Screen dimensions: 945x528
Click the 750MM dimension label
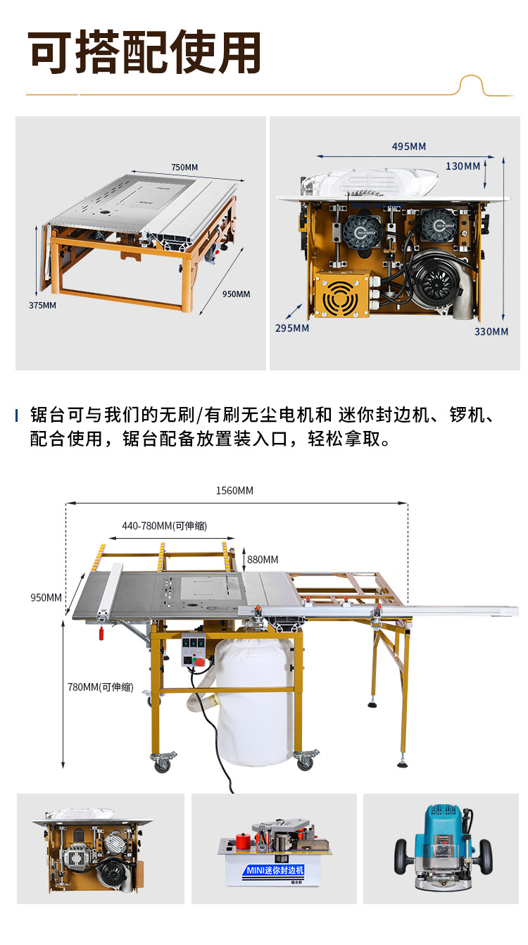coord(184,167)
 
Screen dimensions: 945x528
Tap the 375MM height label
coord(42,305)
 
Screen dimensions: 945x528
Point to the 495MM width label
coord(408,146)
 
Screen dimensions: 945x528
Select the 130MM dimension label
coord(463,166)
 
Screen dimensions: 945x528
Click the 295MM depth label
coord(291,328)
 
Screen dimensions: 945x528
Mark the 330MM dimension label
coord(491,332)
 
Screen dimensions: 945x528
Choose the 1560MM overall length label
coord(234,490)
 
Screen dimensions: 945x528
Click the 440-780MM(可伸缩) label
coord(164,525)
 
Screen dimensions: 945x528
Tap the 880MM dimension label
coord(263,560)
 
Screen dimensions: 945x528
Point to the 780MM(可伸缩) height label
coord(100,687)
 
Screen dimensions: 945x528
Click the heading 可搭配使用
coord(145,53)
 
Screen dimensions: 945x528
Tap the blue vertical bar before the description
coord(17,415)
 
